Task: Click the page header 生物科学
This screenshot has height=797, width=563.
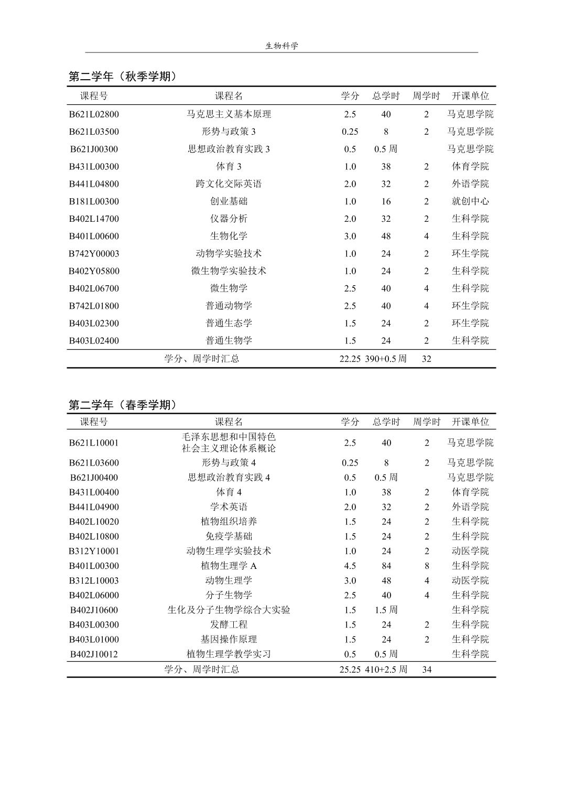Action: click(x=281, y=46)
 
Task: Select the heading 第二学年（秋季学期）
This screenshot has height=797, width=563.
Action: click(x=123, y=77)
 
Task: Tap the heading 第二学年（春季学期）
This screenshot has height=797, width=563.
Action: click(x=123, y=405)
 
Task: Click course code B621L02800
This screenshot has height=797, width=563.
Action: click(x=94, y=114)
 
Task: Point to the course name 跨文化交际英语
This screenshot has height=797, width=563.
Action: click(x=229, y=184)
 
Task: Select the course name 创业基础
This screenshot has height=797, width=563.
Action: click(x=229, y=201)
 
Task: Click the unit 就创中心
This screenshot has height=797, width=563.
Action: click(x=470, y=201)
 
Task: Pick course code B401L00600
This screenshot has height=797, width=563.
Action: click(x=94, y=236)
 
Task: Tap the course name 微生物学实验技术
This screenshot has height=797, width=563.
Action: click(x=229, y=271)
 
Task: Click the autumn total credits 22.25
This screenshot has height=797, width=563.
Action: click(x=350, y=359)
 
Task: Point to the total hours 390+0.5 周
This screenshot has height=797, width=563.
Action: click(x=386, y=359)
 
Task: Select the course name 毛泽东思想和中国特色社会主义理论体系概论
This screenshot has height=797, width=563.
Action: click(x=229, y=443)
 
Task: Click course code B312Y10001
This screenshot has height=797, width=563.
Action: click(x=94, y=551)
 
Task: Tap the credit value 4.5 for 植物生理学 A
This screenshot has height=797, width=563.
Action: click(x=350, y=566)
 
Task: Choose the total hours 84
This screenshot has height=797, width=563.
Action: click(x=386, y=566)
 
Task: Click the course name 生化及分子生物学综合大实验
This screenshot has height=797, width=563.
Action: click(x=229, y=610)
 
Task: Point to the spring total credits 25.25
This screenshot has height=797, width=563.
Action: click(x=350, y=670)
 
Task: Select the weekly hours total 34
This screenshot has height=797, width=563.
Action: click(x=427, y=670)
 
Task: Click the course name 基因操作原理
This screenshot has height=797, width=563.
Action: click(x=229, y=639)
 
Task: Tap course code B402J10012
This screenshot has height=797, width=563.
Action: click(x=94, y=654)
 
